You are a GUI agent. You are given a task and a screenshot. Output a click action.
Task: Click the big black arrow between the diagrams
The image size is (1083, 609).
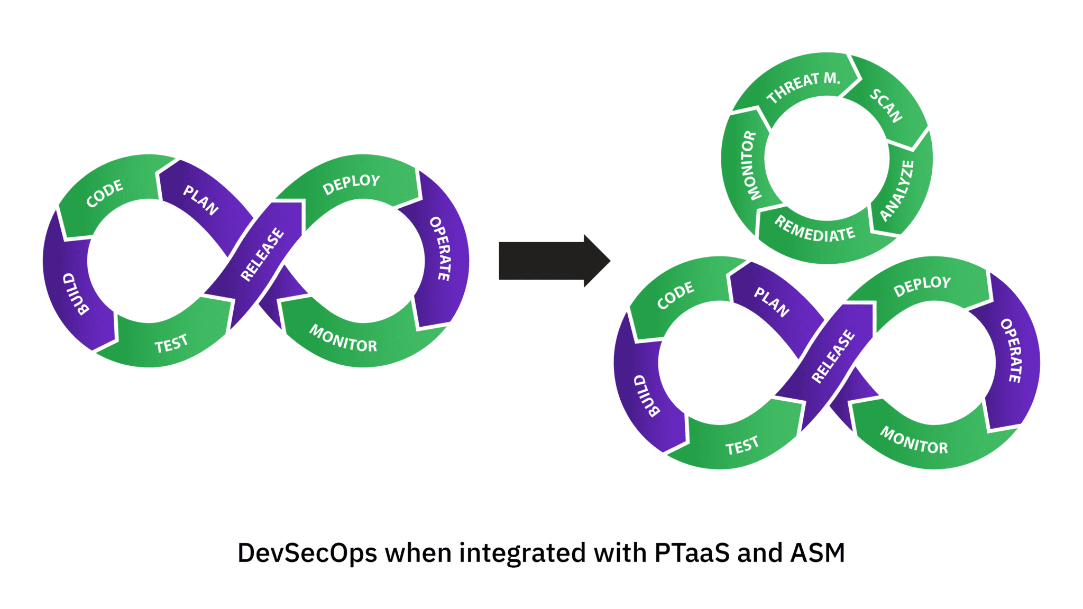pyautogui.click(x=550, y=261)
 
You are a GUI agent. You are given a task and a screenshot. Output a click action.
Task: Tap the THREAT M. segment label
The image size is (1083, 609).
pyautogui.click(x=803, y=87)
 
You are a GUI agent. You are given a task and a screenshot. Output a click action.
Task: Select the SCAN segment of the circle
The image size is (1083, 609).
pyautogui.click(x=886, y=105)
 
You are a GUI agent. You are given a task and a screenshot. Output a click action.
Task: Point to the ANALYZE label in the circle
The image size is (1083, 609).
pyautogui.click(x=897, y=191)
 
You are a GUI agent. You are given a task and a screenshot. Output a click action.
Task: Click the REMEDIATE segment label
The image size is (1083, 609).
pyautogui.click(x=815, y=229)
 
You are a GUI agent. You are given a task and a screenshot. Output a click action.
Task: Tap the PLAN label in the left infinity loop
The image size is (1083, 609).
pyautogui.click(x=200, y=200)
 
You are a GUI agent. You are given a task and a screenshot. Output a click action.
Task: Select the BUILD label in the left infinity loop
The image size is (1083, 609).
pyautogui.click(x=75, y=294)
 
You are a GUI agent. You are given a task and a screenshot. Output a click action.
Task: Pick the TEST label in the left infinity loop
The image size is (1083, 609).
pyautogui.click(x=171, y=344)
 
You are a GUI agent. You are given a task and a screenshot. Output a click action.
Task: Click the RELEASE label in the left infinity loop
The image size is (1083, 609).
pyautogui.click(x=262, y=254)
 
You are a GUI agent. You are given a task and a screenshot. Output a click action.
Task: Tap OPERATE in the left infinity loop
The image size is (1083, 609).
pyautogui.click(x=440, y=248)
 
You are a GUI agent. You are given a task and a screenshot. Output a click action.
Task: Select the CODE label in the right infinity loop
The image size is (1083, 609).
pyautogui.click(x=675, y=295)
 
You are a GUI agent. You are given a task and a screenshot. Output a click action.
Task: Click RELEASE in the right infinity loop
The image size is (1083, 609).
pyautogui.click(x=833, y=356)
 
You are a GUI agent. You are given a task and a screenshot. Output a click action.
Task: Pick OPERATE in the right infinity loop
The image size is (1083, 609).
pyautogui.click(x=1011, y=350)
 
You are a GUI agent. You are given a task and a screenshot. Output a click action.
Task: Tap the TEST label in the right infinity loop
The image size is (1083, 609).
pyautogui.click(x=742, y=446)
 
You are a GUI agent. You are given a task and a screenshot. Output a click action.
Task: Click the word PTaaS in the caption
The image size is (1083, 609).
pyautogui.click(x=692, y=553)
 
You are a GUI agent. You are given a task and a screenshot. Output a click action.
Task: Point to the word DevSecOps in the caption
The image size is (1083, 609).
pyautogui.click(x=307, y=553)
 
